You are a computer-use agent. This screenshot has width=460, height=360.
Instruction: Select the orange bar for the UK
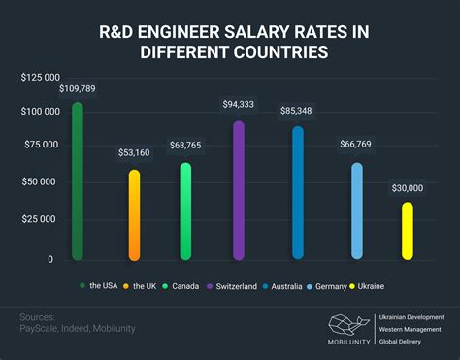point(134,214)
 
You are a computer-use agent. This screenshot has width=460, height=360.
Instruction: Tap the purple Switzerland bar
point(239,190)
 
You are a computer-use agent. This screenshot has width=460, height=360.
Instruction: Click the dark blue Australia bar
point(298,193)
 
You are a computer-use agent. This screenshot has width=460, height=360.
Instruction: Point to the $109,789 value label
point(78,89)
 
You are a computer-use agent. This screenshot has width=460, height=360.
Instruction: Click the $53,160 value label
point(134,152)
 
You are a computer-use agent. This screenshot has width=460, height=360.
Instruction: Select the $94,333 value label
point(239,104)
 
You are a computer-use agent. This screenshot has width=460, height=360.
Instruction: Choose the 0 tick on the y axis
point(50,259)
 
